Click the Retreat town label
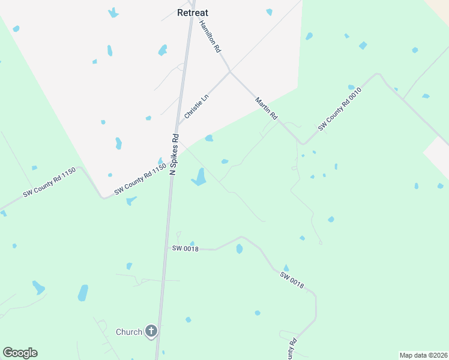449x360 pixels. point(193,12)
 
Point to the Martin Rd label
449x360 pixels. point(266,107)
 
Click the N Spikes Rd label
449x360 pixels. point(175,154)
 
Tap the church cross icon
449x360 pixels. point(151,331)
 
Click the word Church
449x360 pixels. point(128,332)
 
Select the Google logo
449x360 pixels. point(20,353)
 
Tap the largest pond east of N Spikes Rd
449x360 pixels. point(199,177)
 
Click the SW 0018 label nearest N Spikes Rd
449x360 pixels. point(185,248)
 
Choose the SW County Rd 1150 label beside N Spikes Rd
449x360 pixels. point(140,179)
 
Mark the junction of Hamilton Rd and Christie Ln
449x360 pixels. point(230,73)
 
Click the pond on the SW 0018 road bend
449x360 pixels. point(240,248)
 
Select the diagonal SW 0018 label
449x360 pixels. point(292,280)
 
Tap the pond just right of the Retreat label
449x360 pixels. point(269,12)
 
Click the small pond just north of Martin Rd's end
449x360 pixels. point(209,139)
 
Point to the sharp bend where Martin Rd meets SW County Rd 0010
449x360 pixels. point(302,143)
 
